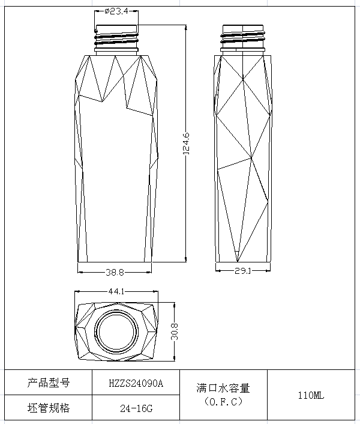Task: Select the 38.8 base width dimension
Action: pos(115,272)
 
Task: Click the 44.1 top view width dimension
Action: pos(116,292)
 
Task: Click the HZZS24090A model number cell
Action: pos(136,383)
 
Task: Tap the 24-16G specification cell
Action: pos(136,408)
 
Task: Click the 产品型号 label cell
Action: pos(49,383)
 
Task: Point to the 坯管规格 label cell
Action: pos(49,408)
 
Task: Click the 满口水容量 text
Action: pos(223,388)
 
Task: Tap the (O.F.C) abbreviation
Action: pos(223,401)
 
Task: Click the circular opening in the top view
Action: pos(116,332)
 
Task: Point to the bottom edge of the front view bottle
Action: pos(116,262)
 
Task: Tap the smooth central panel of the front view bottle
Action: pos(116,180)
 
